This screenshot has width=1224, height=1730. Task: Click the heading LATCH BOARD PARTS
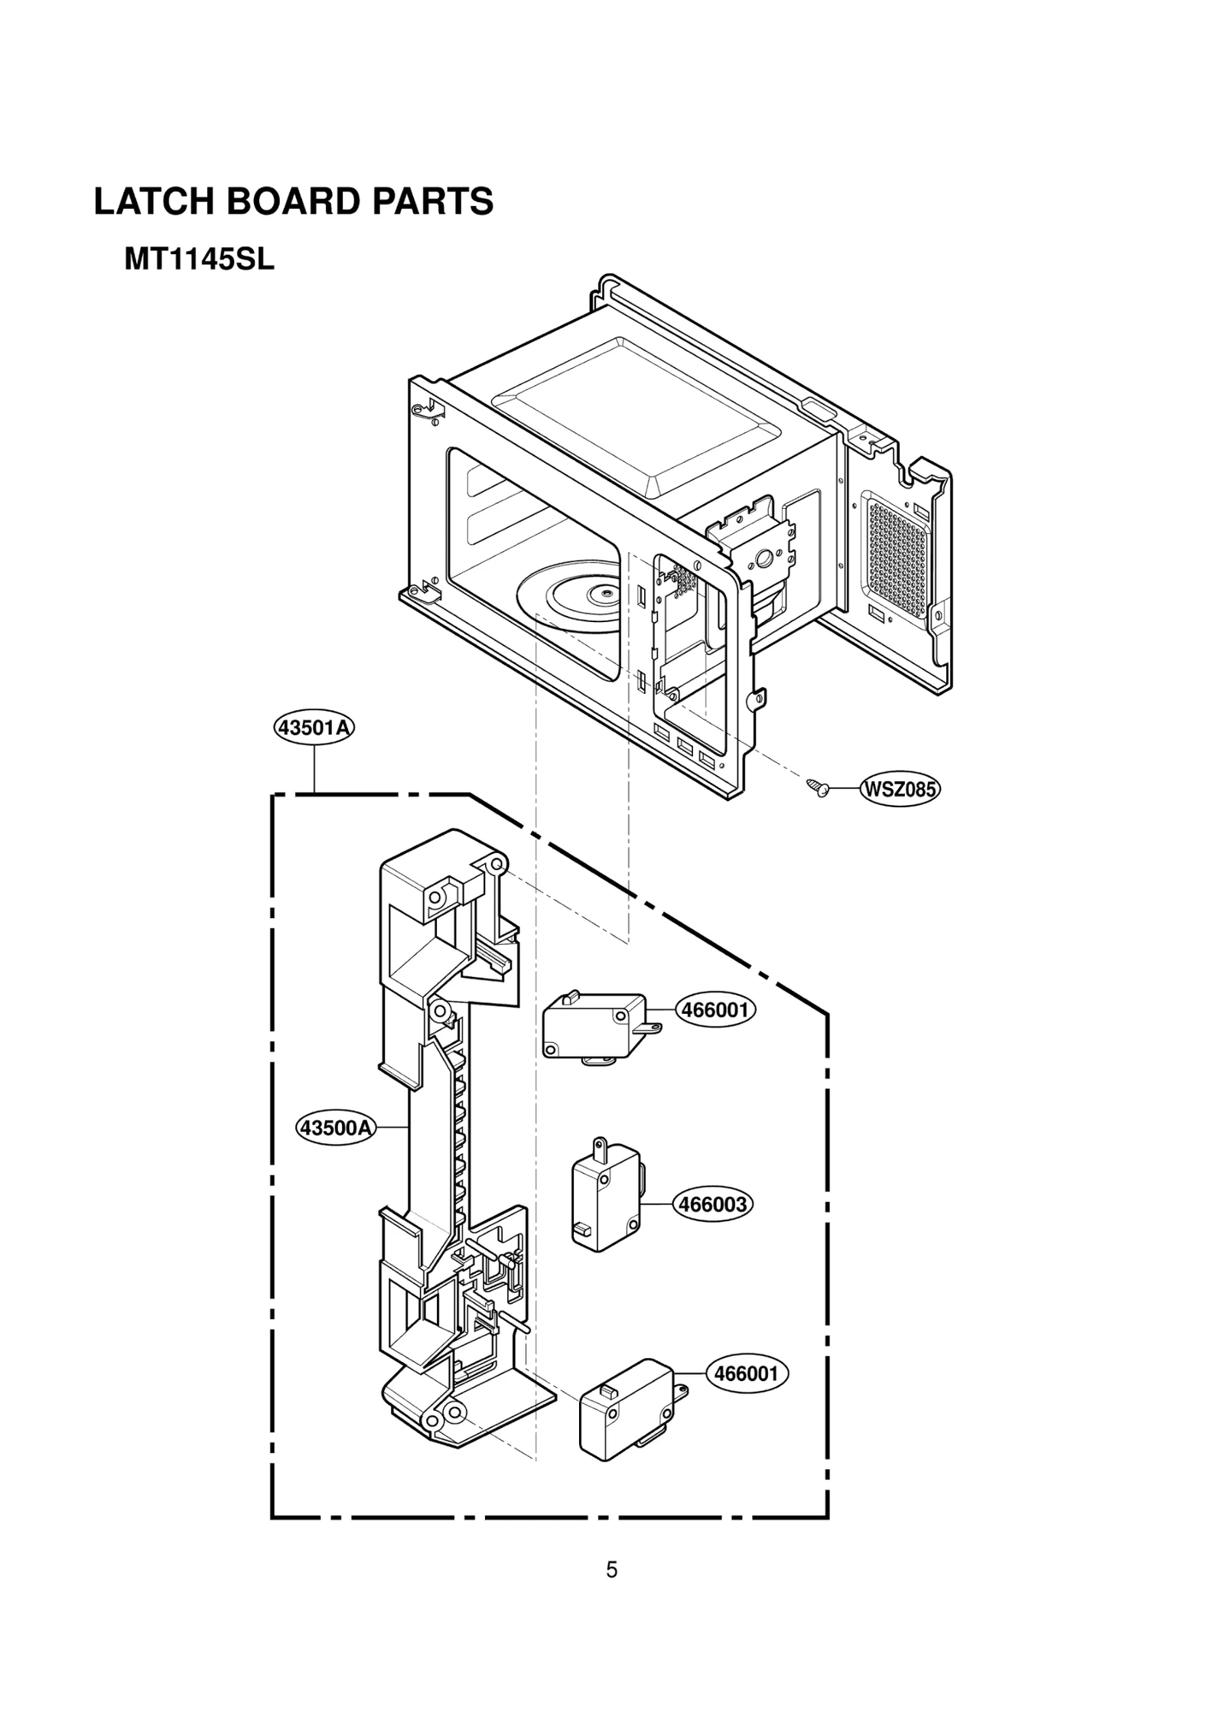[294, 202]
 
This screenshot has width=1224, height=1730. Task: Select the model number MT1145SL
[199, 260]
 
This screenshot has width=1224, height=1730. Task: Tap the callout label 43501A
[314, 728]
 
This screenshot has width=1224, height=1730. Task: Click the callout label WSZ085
[900, 789]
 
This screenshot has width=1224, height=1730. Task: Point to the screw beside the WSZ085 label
[816, 787]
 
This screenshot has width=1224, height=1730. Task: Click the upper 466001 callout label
[715, 1010]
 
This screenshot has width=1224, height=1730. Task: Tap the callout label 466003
[712, 1204]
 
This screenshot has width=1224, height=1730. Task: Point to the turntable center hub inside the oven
[605, 591]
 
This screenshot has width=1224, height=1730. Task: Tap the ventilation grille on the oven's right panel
[898, 557]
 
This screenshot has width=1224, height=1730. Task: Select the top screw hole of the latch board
[497, 865]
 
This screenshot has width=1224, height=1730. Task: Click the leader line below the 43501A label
[314, 769]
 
